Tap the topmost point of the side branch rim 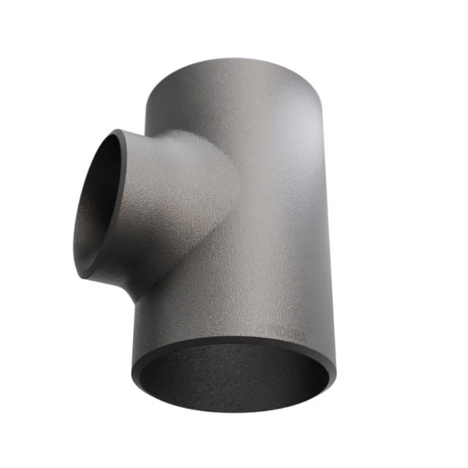(117, 131)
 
